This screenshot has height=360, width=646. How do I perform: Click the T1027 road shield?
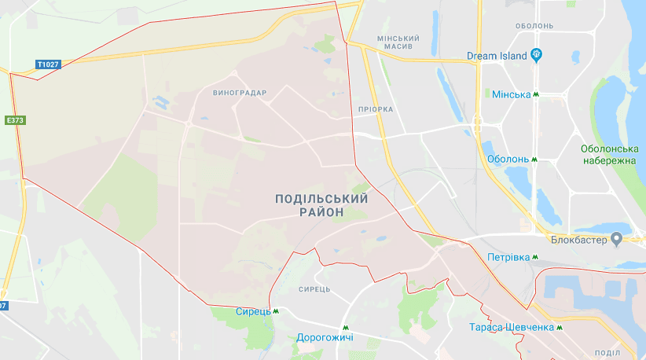[x=48, y=64]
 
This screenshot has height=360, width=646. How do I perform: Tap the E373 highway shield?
[x=14, y=120]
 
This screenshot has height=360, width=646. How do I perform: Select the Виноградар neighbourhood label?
[x=240, y=93]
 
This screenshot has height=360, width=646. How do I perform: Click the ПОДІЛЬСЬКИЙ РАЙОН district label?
[x=321, y=205]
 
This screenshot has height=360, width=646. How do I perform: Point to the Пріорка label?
[x=374, y=109]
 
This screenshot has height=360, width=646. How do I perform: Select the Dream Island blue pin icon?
[x=538, y=54]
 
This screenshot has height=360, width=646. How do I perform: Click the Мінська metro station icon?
[x=537, y=94]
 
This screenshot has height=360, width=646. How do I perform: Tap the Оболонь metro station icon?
[x=534, y=159]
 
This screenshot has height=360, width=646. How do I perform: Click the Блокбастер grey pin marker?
[x=616, y=238]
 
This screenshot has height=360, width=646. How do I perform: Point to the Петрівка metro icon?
[x=535, y=257]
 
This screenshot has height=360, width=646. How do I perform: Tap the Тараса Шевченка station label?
[x=511, y=327]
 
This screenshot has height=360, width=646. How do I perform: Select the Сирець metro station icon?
[x=276, y=310]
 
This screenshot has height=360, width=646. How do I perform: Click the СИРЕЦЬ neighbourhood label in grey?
[x=314, y=289]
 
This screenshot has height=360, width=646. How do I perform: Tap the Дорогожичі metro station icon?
[x=344, y=327]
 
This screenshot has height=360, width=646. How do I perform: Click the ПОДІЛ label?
[x=607, y=353]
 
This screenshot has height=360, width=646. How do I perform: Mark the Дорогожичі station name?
[x=325, y=338]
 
